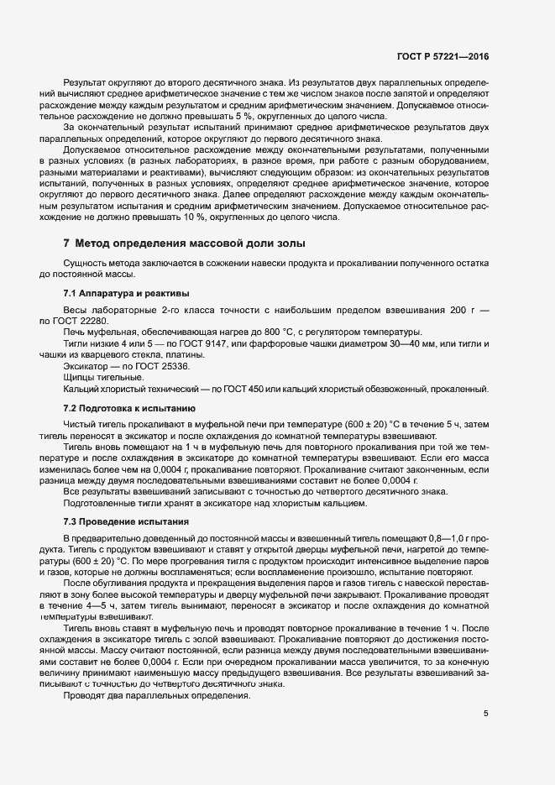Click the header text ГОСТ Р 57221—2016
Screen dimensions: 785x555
[443, 57]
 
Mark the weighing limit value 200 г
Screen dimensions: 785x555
[454, 310]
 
